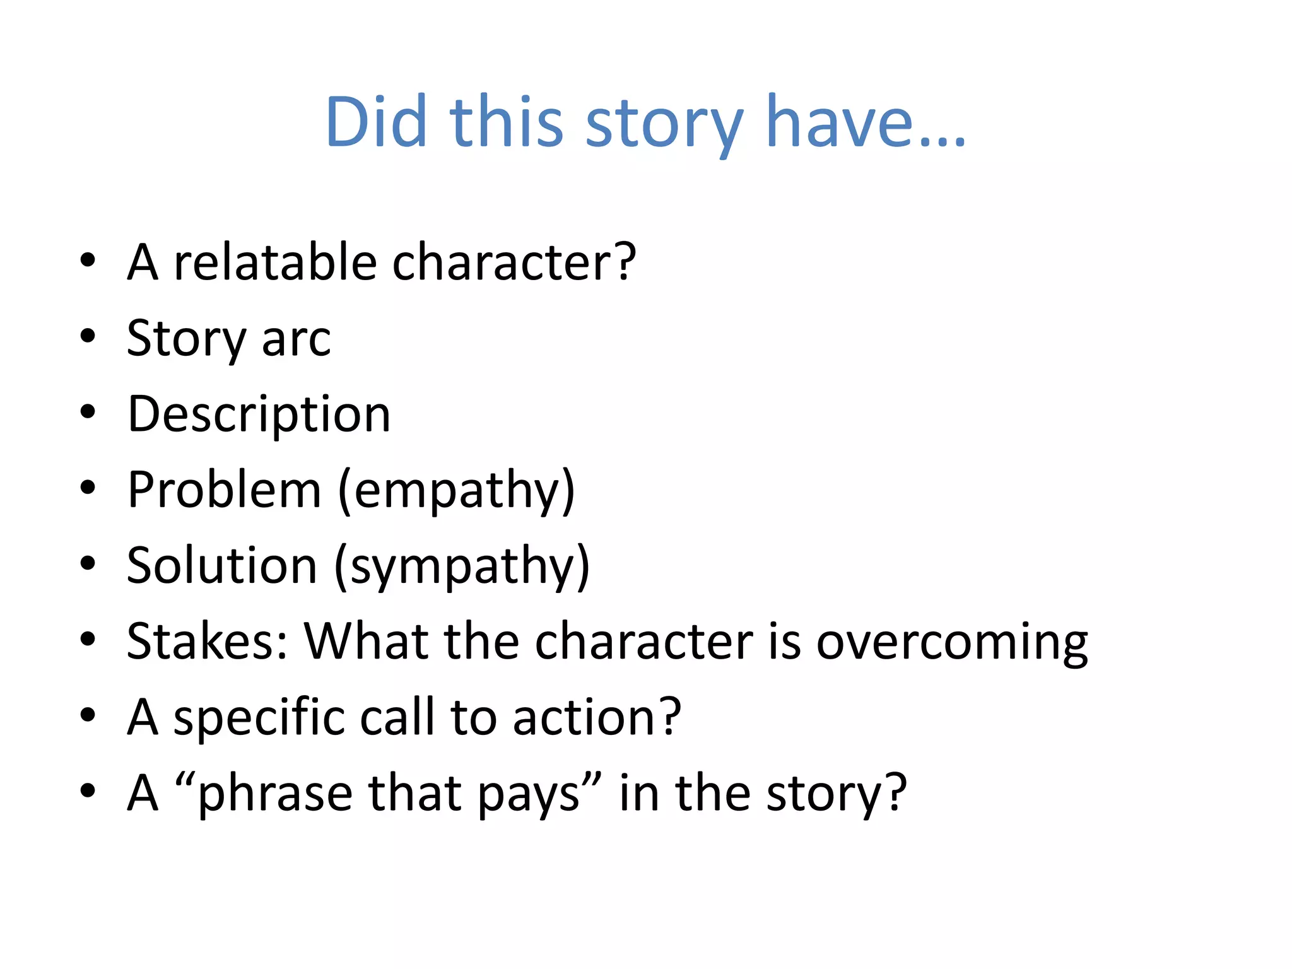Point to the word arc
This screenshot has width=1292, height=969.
(296, 339)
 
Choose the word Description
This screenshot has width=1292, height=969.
(259, 414)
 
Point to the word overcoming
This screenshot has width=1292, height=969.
(952, 642)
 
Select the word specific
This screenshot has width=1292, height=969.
(259, 717)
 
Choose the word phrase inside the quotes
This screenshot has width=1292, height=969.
(274, 794)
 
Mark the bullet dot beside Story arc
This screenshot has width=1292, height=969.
(88, 336)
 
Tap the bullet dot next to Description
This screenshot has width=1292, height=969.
(88, 413)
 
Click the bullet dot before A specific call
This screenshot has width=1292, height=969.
(88, 715)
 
